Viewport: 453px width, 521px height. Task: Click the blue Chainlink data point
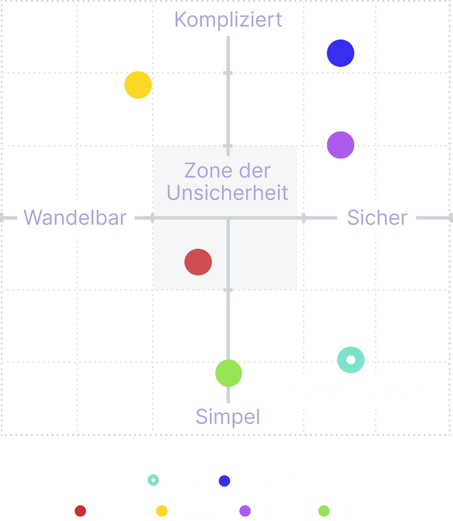(340, 53)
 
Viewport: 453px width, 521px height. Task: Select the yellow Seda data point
(138, 85)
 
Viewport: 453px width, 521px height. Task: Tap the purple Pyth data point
(340, 145)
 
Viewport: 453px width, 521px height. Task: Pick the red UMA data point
(198, 263)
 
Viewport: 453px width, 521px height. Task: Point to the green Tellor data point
(228, 373)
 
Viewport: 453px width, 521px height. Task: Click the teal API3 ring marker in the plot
(351, 360)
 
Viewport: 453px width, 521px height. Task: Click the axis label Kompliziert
(228, 19)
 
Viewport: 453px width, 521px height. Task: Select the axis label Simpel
(228, 416)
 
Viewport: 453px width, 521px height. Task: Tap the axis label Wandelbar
(74, 217)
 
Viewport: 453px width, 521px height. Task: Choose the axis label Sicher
(377, 217)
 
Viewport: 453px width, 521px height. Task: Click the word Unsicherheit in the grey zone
(227, 193)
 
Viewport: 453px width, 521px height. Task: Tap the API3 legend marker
(153, 480)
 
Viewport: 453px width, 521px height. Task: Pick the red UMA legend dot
(80, 511)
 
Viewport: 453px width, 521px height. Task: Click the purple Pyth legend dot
(245, 511)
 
